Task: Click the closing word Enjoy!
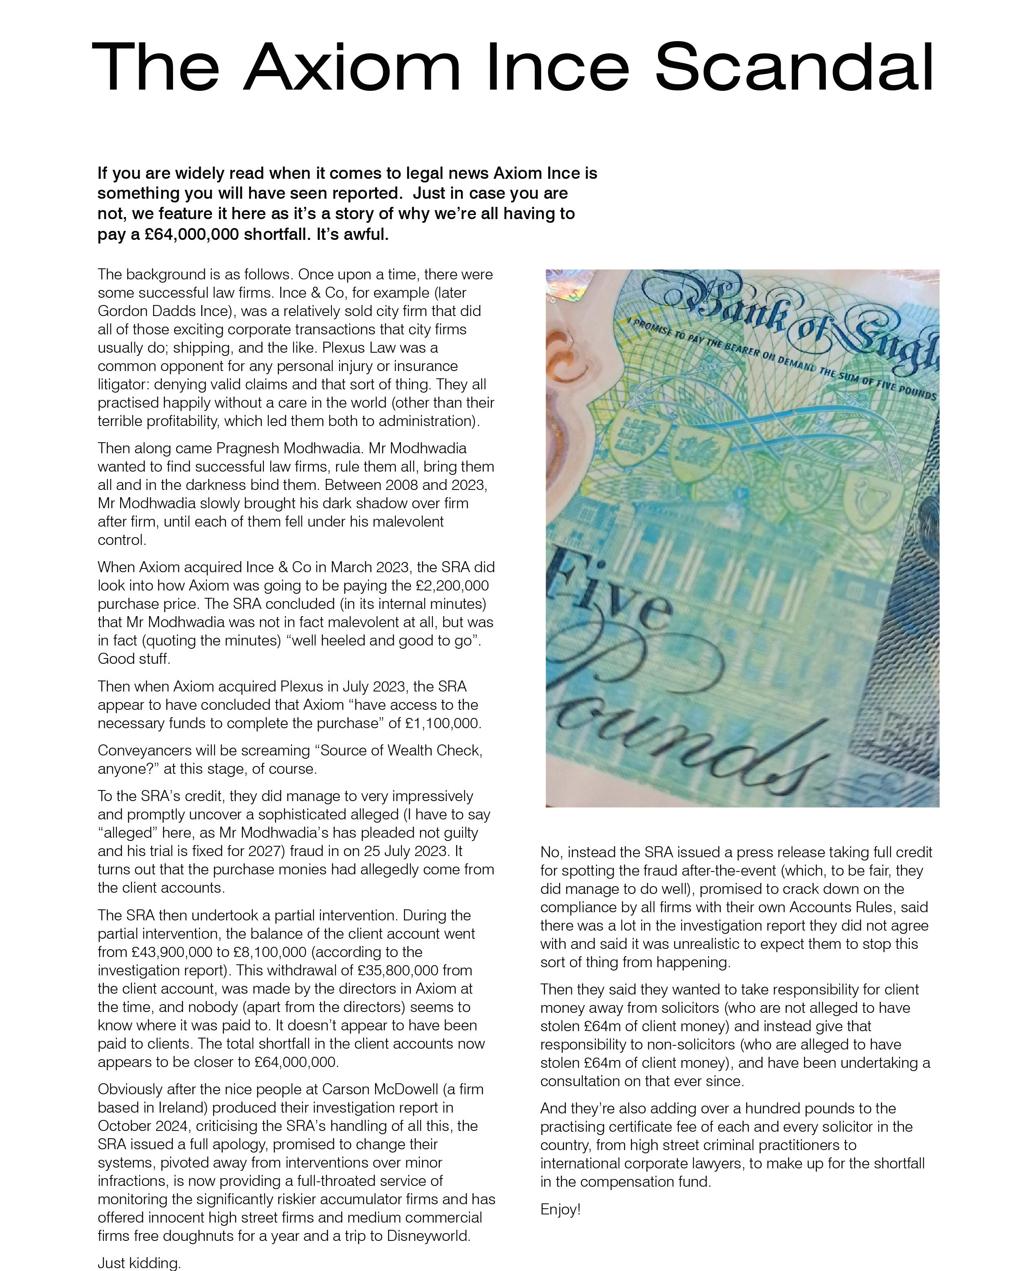point(560,1210)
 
